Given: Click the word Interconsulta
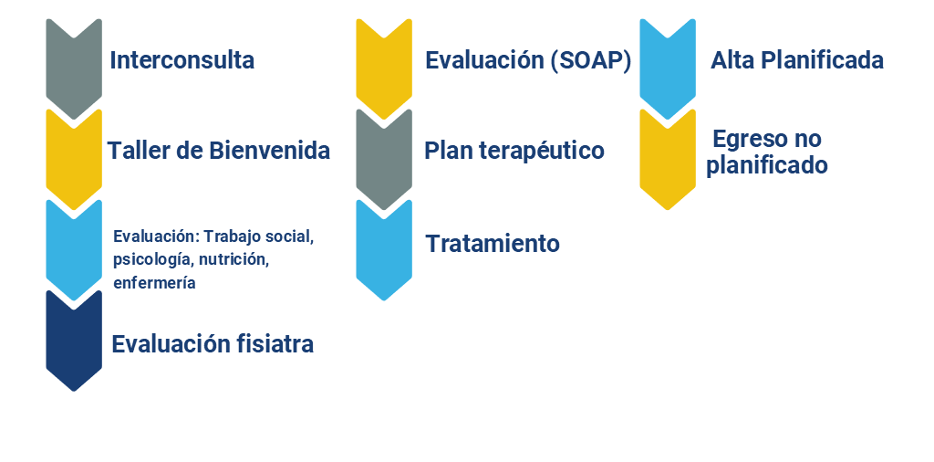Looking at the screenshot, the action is (182, 60).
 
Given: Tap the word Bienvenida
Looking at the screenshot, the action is (269, 151).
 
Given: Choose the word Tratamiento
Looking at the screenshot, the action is (493, 243).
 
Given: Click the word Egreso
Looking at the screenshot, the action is (751, 140).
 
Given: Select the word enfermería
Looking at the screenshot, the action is (154, 282).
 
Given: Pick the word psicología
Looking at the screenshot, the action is (153, 260).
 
